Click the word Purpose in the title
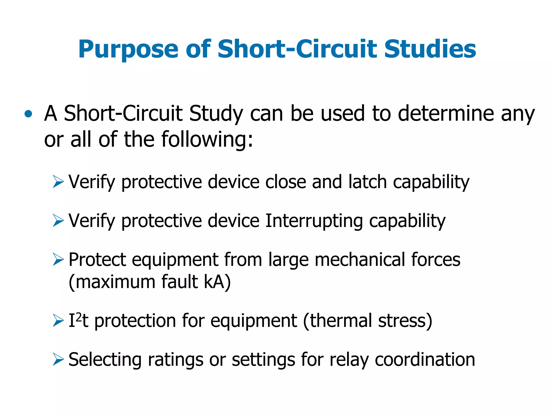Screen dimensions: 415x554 [x=128, y=50]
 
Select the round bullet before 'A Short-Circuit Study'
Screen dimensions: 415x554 [x=28, y=114]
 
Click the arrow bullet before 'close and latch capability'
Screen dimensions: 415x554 [x=58, y=182]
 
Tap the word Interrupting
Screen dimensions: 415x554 [x=314, y=221]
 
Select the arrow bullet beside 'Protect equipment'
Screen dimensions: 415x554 [x=58, y=259]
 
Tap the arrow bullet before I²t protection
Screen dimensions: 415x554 [x=58, y=321]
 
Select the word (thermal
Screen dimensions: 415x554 [x=338, y=321]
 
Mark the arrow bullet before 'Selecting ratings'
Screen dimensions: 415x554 [x=58, y=360]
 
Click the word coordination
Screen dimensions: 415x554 [x=425, y=360]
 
